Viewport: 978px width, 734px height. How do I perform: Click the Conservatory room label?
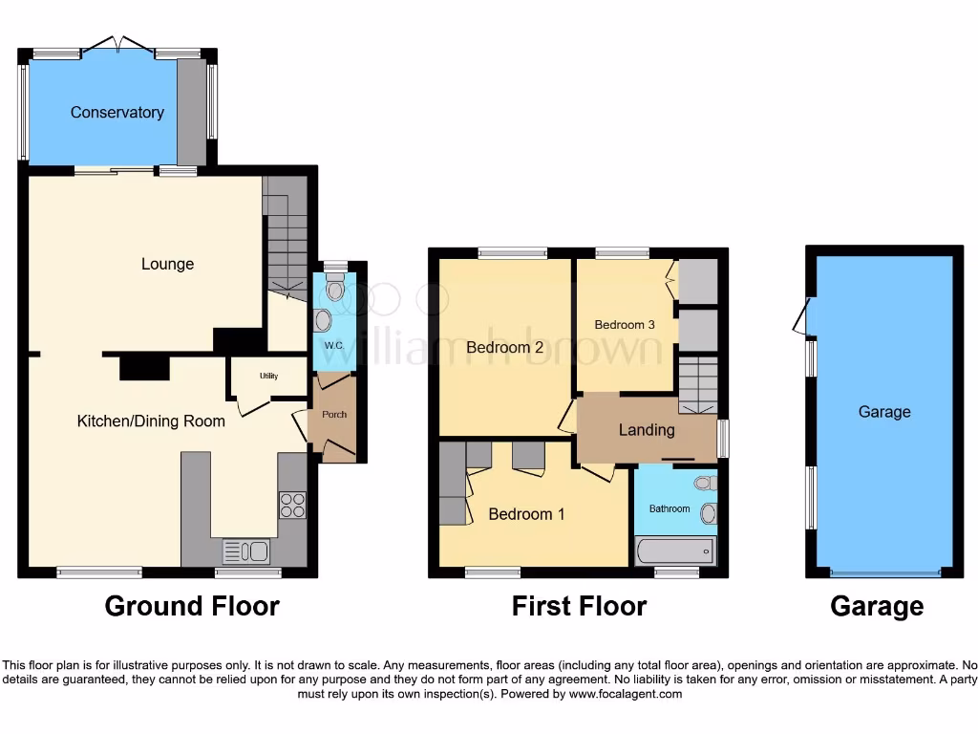click(117, 113)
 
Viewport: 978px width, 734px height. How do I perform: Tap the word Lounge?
click(167, 264)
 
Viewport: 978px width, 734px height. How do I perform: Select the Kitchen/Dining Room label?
click(151, 421)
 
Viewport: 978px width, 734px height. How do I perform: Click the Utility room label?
click(268, 377)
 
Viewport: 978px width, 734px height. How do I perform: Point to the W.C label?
click(333, 345)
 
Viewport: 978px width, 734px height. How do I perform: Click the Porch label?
click(334, 414)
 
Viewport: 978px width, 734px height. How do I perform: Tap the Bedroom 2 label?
click(504, 348)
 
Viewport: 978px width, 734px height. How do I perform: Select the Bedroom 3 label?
click(625, 325)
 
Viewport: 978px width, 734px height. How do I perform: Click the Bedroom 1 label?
click(526, 514)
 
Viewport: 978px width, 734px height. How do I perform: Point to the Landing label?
click(647, 430)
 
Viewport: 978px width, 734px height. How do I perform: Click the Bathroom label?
click(670, 508)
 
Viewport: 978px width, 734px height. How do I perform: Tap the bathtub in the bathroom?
click(674, 550)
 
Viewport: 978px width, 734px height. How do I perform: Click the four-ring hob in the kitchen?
click(291, 505)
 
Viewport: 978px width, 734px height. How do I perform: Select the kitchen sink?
click(246, 551)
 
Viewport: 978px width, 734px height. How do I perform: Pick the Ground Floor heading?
click(192, 606)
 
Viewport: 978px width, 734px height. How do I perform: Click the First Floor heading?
click(579, 606)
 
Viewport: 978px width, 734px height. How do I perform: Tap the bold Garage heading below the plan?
click(877, 606)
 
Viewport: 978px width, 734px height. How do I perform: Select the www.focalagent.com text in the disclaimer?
click(625, 694)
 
